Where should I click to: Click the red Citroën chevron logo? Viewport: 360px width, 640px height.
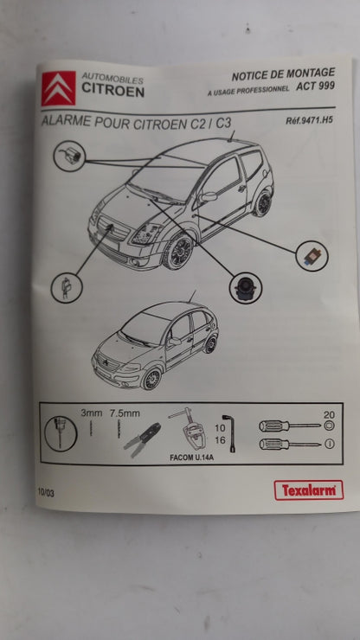pos(59,89)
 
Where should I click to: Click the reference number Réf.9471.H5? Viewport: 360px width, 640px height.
pos(307,122)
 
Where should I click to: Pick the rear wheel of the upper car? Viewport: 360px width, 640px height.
pos(262,204)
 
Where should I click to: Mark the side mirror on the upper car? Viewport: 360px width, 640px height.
pos(209,197)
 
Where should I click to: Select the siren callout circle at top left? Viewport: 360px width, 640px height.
pos(68,157)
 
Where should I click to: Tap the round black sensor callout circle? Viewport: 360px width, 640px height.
pos(246,287)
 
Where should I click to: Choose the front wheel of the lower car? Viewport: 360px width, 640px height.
pos(152,378)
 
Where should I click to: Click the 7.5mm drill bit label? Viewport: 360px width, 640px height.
pos(125,414)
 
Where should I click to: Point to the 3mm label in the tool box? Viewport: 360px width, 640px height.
pos(91,414)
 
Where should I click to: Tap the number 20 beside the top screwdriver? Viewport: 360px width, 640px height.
pos(329,414)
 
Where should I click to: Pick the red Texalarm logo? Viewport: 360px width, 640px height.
pos(308,490)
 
